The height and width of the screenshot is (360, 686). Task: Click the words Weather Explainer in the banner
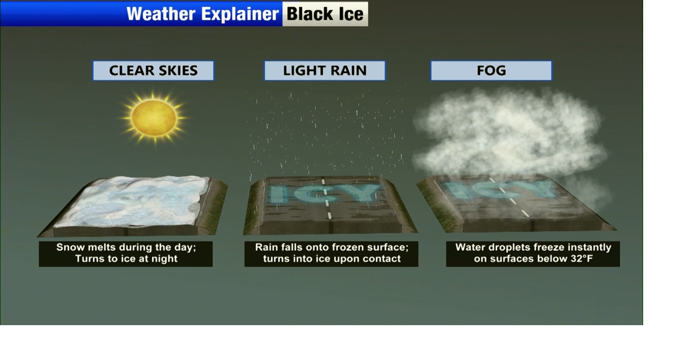203,14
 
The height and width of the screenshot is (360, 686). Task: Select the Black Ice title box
325,14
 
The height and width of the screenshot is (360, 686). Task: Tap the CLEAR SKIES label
153,71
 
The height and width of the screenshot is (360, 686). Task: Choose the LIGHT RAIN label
325,71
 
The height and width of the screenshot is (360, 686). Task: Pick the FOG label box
491,71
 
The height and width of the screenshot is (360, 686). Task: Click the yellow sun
154,117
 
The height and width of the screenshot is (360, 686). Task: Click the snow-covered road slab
132,206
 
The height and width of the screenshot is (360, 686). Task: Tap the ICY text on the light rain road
324,193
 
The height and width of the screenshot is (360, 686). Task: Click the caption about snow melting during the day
126,253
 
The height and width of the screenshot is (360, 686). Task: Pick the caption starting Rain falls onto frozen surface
331,253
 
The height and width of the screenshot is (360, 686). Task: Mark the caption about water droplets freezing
533,253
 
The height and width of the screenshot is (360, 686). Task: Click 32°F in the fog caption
582,259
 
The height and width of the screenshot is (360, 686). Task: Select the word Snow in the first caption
71,247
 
